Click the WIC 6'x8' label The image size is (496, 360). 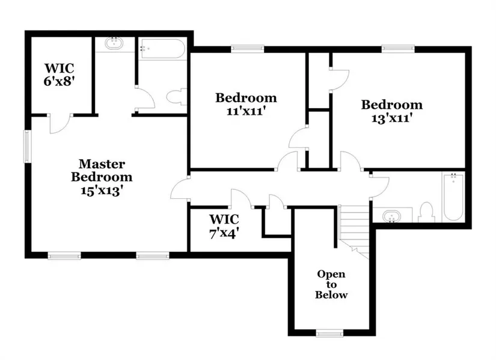(x=59, y=75)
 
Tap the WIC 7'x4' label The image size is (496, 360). (x=224, y=226)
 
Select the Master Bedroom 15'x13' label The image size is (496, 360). (x=102, y=177)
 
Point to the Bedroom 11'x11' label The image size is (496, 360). (x=246, y=104)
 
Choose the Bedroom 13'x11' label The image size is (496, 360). (x=391, y=111)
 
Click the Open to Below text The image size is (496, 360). (x=331, y=284)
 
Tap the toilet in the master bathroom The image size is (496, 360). (x=177, y=97)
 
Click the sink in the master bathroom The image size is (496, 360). (x=114, y=43)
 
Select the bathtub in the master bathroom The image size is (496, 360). (x=162, y=49)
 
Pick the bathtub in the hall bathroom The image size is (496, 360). (x=453, y=197)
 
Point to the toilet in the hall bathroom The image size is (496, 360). (x=426, y=212)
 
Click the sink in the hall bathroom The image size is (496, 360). (x=391, y=217)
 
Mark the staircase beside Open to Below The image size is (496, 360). (x=354, y=231)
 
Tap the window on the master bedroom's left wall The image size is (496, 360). (x=28, y=147)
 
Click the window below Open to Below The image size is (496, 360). (x=329, y=333)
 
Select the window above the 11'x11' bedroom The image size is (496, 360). (x=247, y=49)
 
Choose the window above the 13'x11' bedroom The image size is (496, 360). (x=398, y=49)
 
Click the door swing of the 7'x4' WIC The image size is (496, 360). (x=241, y=198)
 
